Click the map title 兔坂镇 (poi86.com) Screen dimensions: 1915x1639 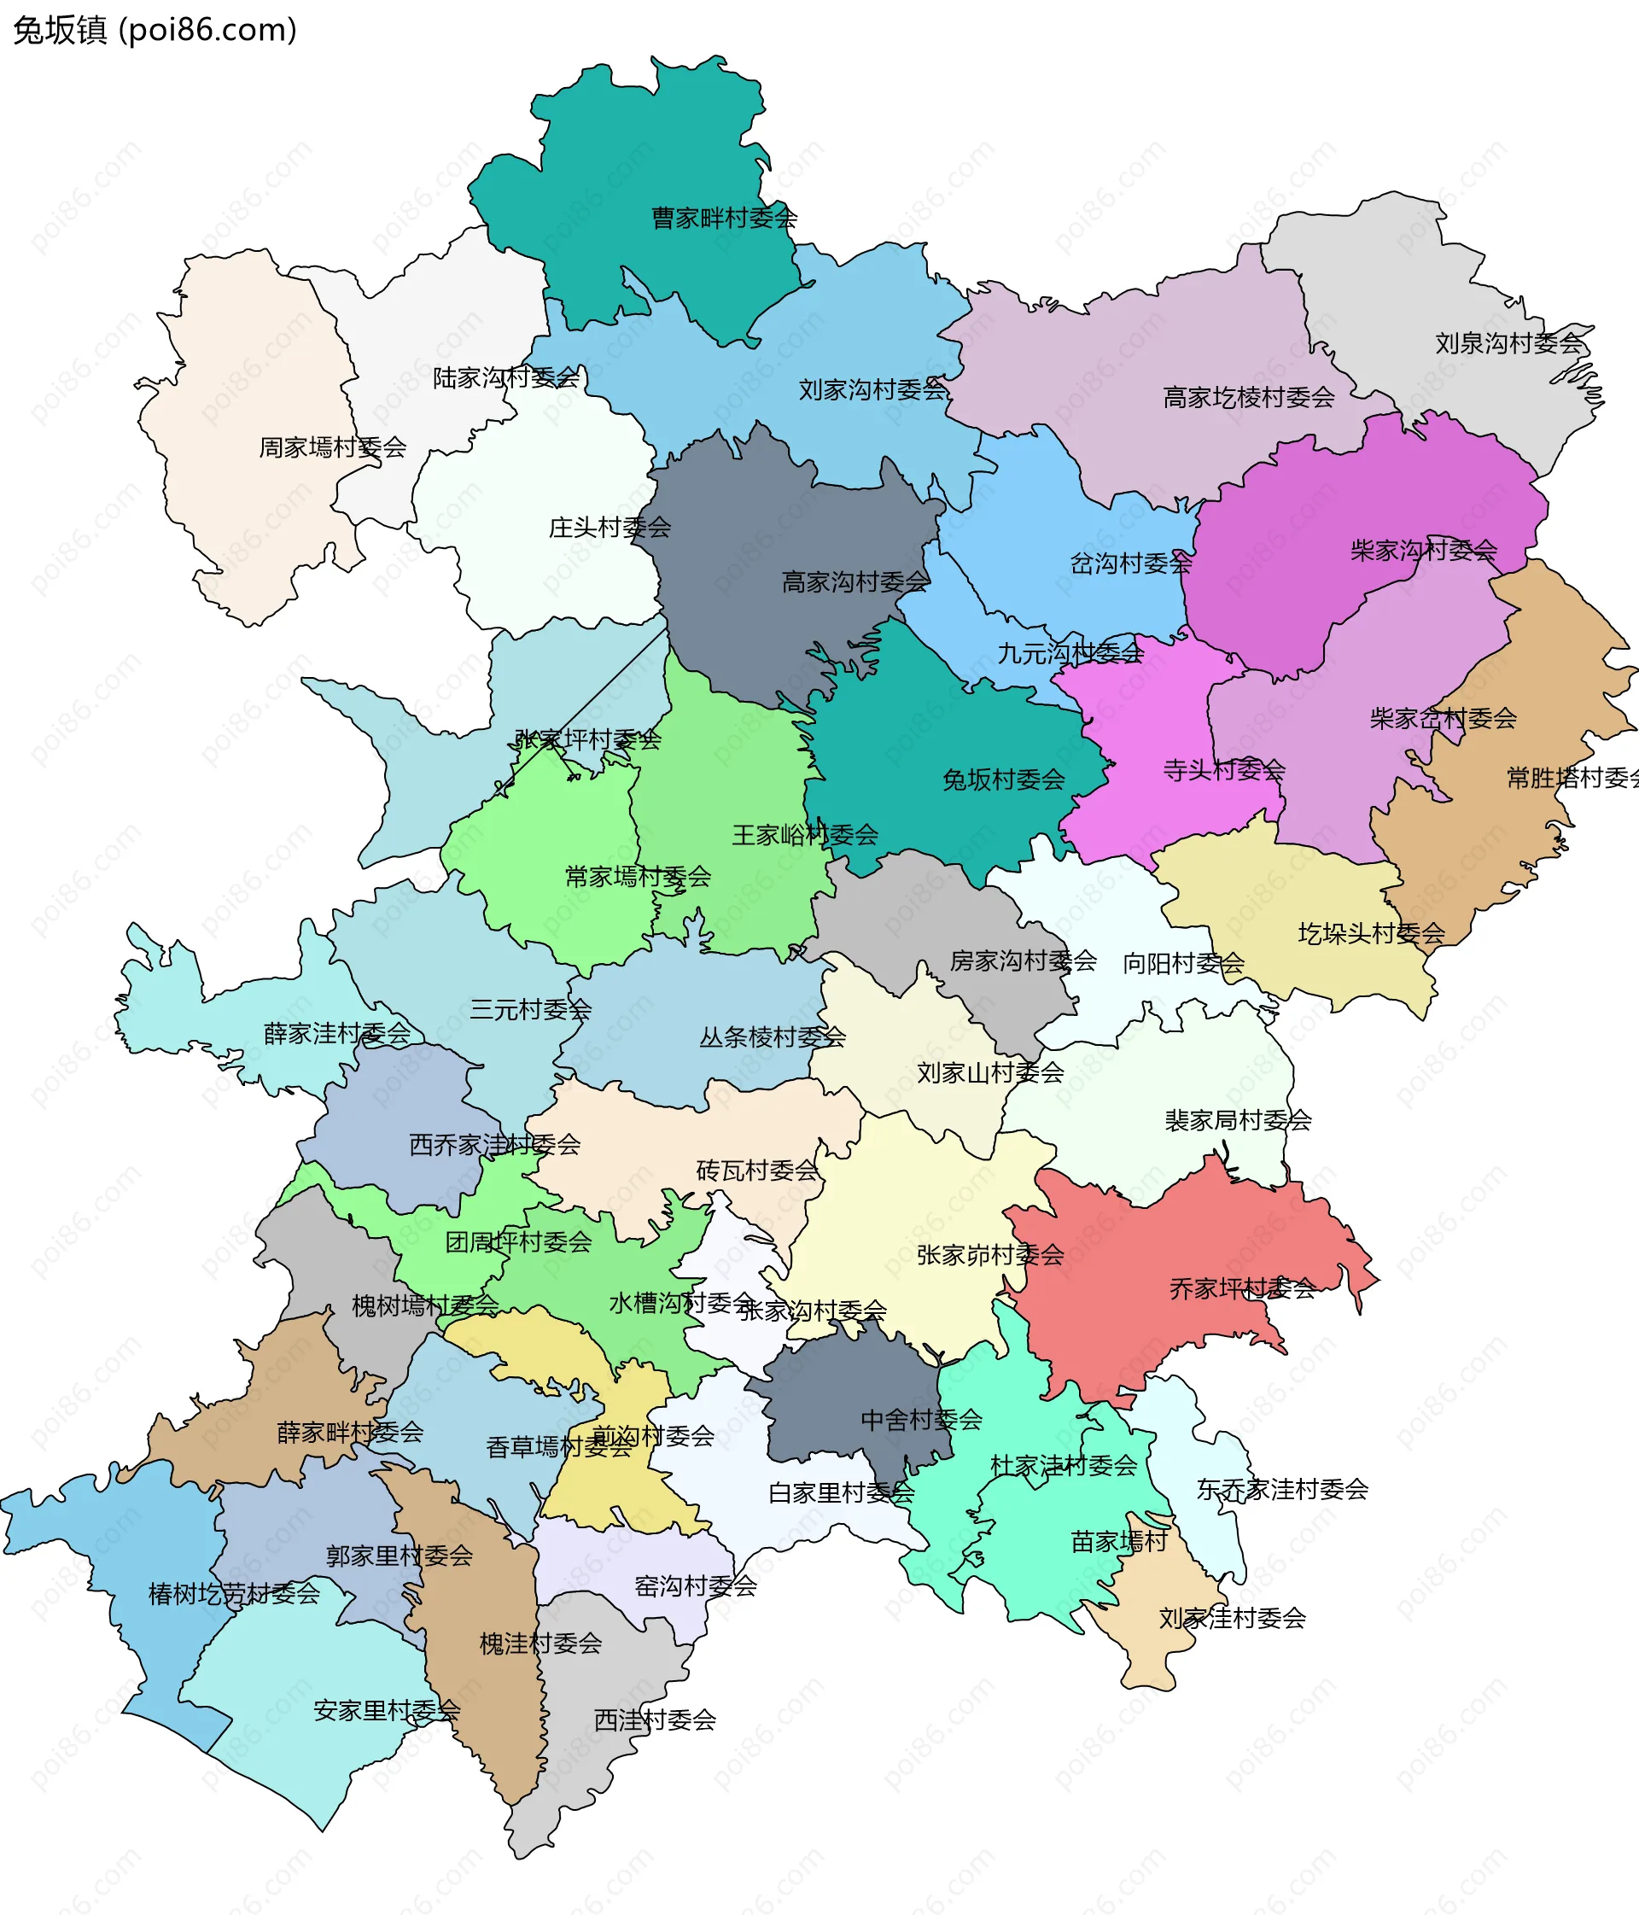[155, 31]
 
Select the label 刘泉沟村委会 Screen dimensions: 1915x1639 [1508, 344]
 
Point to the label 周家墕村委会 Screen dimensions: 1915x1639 [333, 448]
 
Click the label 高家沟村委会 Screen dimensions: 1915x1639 [854, 582]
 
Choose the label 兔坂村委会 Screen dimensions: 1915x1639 [1002, 780]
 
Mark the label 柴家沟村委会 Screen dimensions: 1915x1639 [1423, 552]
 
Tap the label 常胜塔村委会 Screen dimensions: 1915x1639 [1571, 778]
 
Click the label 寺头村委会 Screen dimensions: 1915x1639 [1223, 770]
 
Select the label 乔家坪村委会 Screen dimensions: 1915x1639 [1242, 1289]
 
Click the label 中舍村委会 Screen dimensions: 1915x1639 [920, 1421]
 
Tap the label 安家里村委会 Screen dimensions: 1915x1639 [386, 1711]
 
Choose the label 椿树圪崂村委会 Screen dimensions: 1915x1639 [234, 1594]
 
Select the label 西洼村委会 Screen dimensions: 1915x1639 [654, 1720]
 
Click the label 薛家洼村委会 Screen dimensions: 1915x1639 [336, 1033]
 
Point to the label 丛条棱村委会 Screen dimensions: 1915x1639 [772, 1038]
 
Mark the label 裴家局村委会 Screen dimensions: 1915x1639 [1237, 1121]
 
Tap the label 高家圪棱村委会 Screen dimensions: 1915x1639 [1247, 399]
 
